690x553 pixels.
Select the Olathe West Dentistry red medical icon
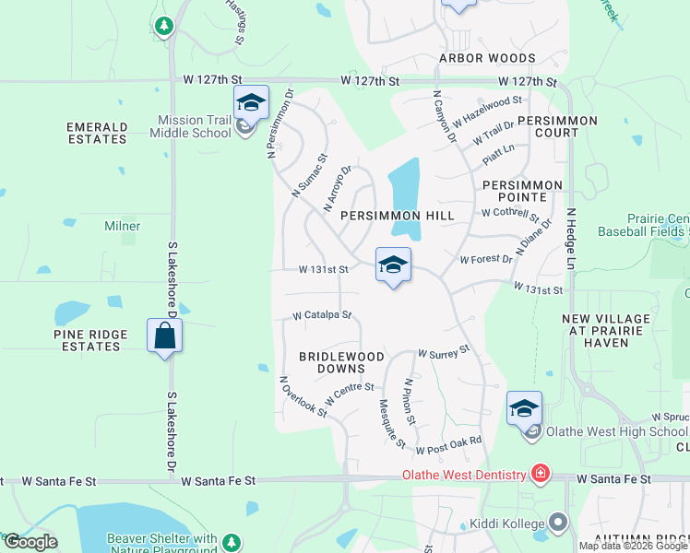540,475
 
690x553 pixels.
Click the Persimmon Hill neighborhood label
398,215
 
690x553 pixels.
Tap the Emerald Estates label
97,133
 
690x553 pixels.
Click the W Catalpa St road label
322,315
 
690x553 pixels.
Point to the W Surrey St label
444,352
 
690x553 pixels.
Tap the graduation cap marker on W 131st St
393,265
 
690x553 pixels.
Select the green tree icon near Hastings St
164,26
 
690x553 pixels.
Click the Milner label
122,226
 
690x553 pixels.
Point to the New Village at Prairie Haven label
606,331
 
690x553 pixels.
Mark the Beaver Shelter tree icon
232,541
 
